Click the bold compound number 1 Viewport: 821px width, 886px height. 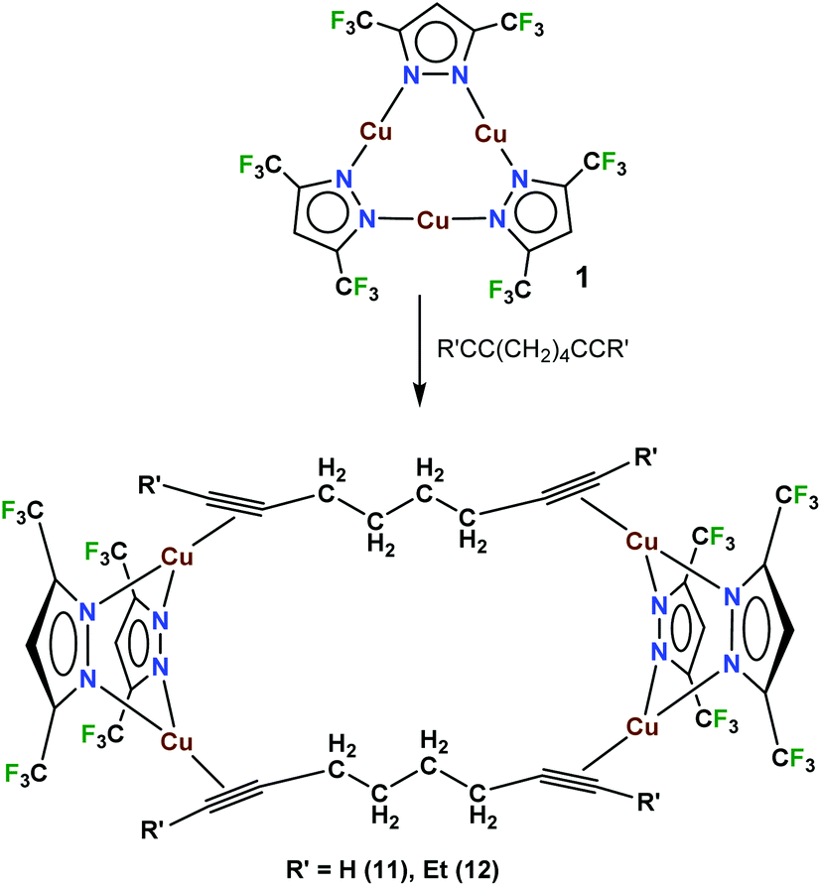[x=582, y=279]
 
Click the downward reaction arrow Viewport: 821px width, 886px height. [x=418, y=350]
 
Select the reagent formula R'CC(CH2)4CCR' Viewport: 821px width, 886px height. [x=533, y=350]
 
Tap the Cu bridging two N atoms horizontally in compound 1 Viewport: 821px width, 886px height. [x=433, y=220]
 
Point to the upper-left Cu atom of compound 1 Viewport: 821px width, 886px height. [x=376, y=132]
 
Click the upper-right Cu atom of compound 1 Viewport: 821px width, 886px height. [x=490, y=134]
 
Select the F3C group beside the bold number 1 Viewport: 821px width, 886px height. [x=509, y=290]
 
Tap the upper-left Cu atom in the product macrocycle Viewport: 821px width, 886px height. [x=177, y=558]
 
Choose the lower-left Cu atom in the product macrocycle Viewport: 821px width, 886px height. [x=177, y=742]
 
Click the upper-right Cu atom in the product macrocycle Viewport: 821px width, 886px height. [x=642, y=543]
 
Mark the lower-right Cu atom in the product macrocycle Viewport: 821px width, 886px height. [x=642, y=727]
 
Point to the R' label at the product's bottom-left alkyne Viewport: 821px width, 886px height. [x=152, y=831]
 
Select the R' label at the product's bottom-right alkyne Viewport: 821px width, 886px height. [x=648, y=803]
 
